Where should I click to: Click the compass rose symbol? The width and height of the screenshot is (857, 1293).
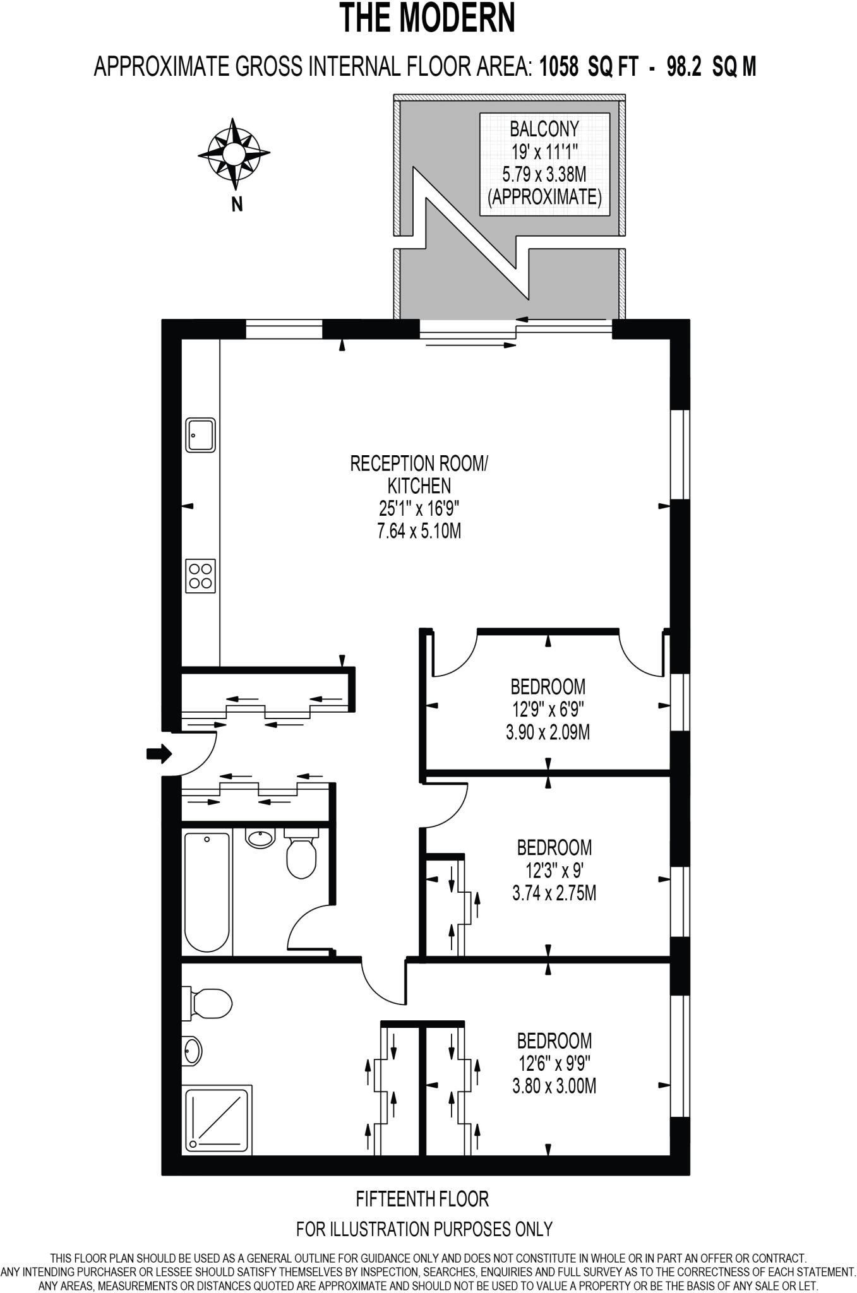[x=234, y=153]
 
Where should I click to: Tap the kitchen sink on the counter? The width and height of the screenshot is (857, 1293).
[x=200, y=434]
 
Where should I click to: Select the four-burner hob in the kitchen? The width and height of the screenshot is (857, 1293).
[x=200, y=576]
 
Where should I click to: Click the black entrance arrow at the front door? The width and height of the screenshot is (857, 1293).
[x=159, y=753]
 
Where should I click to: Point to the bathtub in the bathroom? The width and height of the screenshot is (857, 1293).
[x=207, y=892]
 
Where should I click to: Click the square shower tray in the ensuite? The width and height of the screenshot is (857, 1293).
[x=217, y=1119]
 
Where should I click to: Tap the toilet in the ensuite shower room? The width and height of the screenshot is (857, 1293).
[x=207, y=1003]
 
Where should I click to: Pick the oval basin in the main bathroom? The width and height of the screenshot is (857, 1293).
[x=260, y=838]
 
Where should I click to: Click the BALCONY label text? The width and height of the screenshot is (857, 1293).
[x=544, y=129]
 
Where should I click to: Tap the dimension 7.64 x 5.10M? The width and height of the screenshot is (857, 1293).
[x=419, y=531]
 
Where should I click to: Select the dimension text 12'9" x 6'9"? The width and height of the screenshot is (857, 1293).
[x=548, y=710]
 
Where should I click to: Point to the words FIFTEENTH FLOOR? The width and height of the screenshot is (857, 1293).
[x=422, y=1198]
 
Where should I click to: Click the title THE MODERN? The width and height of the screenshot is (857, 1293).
[x=428, y=18]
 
